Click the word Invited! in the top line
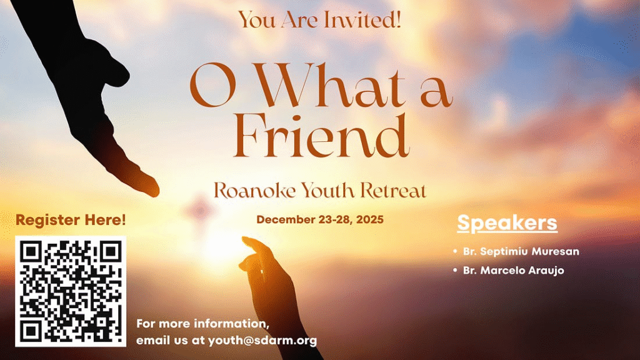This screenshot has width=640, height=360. click(x=362, y=19)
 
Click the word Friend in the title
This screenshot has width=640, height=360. click(x=321, y=136)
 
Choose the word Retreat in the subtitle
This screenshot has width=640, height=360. click(x=393, y=191)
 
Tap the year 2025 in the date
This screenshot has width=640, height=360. click(x=369, y=219)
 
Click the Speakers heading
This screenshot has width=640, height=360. click(x=507, y=223)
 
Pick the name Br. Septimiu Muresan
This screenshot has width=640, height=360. click(x=521, y=251)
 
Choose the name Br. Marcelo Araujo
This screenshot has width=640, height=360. click(x=514, y=270)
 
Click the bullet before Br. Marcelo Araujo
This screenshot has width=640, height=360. click(x=455, y=270)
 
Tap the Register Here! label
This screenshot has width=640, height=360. click(x=71, y=220)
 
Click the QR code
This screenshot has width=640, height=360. click(x=71, y=291)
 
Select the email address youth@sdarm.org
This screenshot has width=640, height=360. click(x=262, y=341)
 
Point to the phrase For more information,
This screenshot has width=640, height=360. click(x=202, y=324)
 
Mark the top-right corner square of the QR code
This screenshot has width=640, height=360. click(x=111, y=251)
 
